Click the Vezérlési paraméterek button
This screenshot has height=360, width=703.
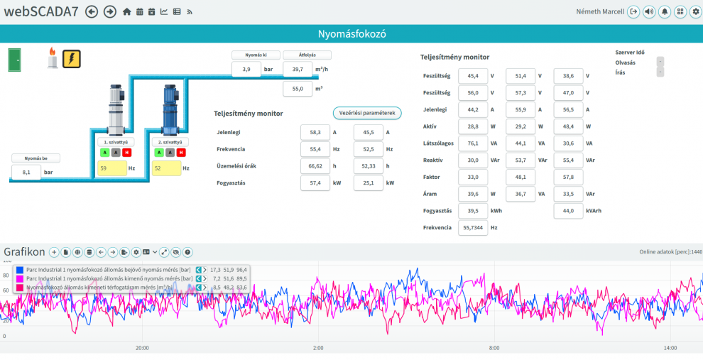367,114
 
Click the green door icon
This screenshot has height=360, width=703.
15,60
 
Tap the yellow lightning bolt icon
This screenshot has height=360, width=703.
71,59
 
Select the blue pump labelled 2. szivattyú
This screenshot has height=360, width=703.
170,110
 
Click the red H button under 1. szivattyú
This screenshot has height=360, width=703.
127,153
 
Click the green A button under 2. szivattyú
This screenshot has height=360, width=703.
159,153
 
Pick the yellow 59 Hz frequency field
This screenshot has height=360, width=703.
112,168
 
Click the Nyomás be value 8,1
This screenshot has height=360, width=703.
26,172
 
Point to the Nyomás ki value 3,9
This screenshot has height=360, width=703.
246,70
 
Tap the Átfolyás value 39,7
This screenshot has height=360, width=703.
298,70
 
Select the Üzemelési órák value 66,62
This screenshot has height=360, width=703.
315,166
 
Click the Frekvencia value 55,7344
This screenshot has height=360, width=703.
473,228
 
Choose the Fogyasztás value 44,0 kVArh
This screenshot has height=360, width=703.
569,211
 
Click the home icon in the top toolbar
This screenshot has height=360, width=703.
127,12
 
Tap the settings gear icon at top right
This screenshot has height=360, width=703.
695,11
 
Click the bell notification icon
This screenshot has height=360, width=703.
665,11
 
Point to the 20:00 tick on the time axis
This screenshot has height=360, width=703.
142,348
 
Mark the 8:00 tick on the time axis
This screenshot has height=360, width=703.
494,348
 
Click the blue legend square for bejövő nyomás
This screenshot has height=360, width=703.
20,270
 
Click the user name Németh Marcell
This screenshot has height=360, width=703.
600,11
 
